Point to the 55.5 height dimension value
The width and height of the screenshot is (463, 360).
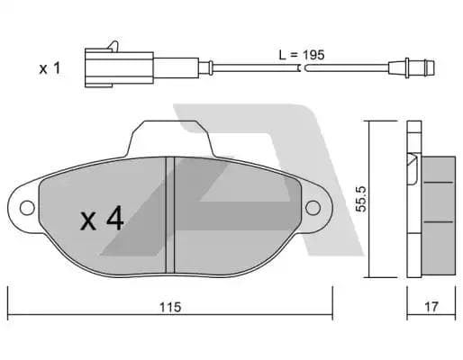pos(359,199)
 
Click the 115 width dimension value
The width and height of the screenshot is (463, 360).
pos(168,307)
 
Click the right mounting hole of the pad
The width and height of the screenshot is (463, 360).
pos(313,208)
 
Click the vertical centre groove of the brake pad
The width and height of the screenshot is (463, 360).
pos(171,212)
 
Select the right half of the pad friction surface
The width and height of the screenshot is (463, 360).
pos(234,216)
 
